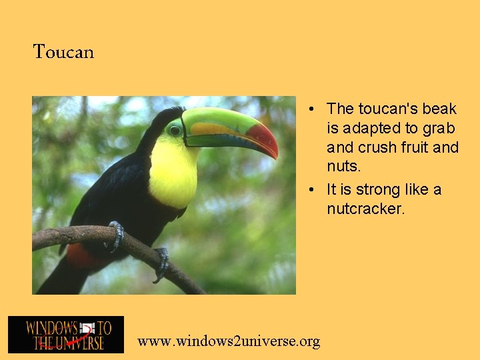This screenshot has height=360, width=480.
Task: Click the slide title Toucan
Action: click(63, 51)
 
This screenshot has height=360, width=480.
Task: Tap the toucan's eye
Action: click(175, 131)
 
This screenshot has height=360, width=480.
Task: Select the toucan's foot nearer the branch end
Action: click(117, 235)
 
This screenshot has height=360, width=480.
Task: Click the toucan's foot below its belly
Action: click(161, 263)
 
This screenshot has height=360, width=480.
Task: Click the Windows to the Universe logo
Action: click(66, 335)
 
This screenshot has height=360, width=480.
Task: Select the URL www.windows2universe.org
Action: click(229, 341)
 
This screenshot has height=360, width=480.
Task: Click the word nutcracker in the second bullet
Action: click(365, 209)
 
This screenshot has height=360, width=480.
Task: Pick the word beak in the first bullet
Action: click(439, 109)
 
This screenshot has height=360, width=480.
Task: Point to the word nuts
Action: click(343, 165)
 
